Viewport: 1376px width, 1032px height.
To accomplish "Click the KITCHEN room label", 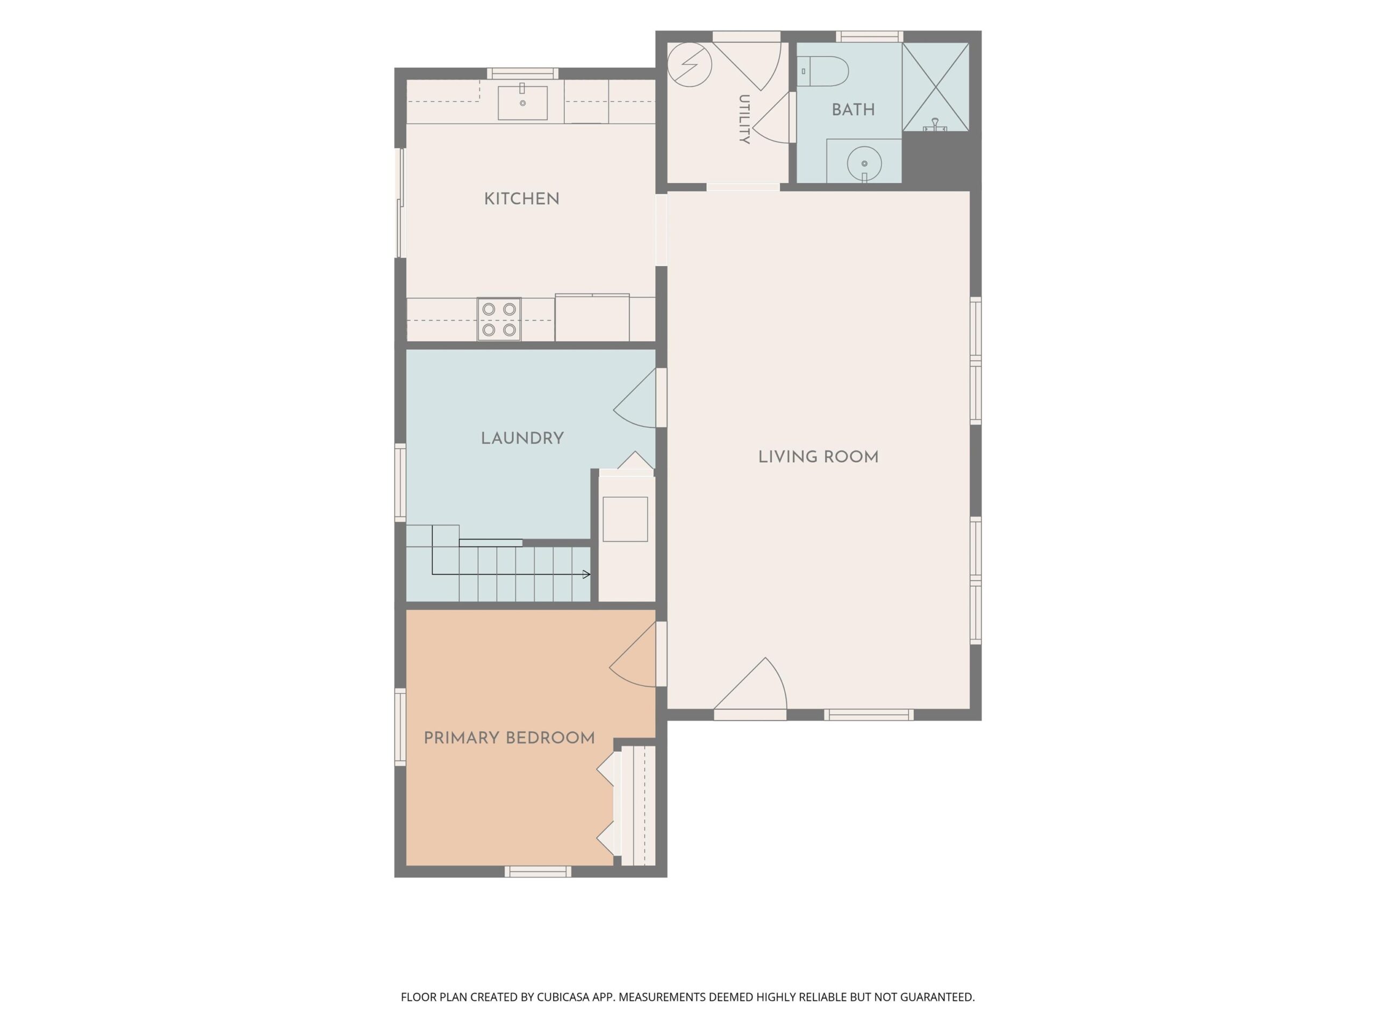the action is pos(521,199).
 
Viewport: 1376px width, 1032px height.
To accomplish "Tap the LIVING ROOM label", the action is pos(818,457).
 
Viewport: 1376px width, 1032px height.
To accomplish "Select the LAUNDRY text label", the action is pos(522,439).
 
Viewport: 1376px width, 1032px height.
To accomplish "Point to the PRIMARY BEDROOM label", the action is pos(509,738).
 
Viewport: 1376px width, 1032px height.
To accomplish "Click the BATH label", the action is pos(853,110).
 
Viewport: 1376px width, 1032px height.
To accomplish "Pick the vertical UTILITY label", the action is pos(744,119).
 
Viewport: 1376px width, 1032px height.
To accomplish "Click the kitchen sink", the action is pos(522,103).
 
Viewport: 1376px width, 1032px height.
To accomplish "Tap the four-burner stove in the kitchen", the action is pos(499,319).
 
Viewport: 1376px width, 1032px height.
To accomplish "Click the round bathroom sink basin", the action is pos(864,163).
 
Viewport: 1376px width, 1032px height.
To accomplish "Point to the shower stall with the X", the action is pos(936,87).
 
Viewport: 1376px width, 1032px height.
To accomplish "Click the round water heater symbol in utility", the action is pos(689,64).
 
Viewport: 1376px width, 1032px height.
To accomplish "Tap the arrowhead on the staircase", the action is pos(586,574).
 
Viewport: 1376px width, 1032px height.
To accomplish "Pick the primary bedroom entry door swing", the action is pos(633,655).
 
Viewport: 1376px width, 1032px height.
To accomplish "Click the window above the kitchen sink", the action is pos(522,74).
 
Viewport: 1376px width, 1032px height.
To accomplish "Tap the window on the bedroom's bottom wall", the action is pos(537,871).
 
